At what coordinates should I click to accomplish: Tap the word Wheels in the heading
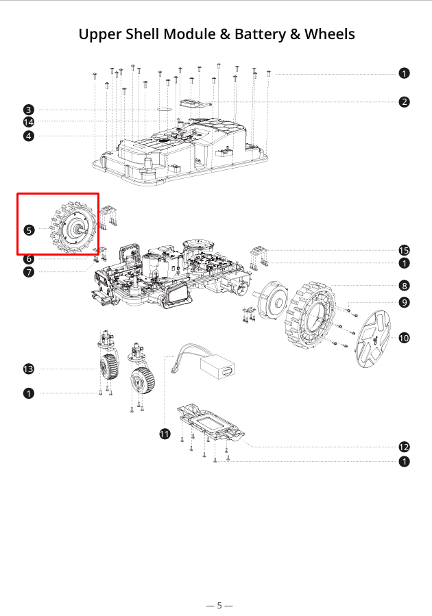click(330, 34)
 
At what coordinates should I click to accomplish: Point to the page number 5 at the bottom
click(219, 605)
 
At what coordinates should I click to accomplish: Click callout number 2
click(405, 102)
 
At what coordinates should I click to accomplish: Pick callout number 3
click(28, 110)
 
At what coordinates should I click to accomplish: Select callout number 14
click(28, 123)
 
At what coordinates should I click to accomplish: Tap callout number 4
click(28, 136)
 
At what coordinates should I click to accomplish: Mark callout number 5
click(28, 230)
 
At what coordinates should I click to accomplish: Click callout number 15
click(405, 250)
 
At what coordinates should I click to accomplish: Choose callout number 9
click(405, 302)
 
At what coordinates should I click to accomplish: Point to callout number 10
click(405, 337)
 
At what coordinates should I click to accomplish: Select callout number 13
click(28, 369)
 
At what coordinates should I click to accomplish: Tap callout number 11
click(165, 434)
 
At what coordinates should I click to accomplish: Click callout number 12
click(405, 447)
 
